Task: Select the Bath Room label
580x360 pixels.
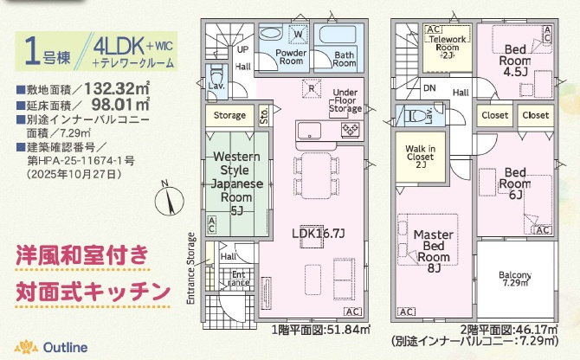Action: (x=344, y=58)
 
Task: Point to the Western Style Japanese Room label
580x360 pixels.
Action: (x=233, y=183)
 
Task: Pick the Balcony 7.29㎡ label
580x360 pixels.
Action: (x=515, y=279)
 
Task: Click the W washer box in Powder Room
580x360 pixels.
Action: (x=297, y=35)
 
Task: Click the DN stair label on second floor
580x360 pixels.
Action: (x=429, y=87)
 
